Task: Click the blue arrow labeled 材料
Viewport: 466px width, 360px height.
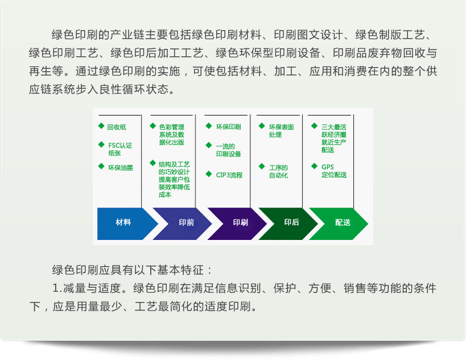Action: point(125,224)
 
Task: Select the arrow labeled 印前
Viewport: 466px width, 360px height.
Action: point(182,224)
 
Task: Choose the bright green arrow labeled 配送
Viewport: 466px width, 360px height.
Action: point(339,224)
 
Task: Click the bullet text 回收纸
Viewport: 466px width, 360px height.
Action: point(117,127)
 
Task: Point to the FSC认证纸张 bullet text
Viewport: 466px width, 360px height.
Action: point(120,149)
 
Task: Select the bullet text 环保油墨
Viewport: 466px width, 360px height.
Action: point(121,168)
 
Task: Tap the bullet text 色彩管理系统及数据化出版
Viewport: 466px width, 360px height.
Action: point(171,135)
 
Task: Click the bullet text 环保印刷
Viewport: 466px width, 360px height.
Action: point(228,127)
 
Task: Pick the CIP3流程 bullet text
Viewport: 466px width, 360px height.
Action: point(229,175)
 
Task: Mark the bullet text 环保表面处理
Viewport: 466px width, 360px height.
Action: point(282,131)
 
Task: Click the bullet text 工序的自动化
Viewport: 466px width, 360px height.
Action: point(278,171)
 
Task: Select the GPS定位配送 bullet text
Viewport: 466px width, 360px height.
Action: point(334,171)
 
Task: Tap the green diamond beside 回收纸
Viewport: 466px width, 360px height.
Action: point(101,126)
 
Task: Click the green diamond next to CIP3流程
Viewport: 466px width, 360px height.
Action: point(209,174)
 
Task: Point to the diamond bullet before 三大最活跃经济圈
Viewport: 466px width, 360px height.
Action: point(315,126)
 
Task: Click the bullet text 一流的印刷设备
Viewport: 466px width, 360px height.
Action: point(228,150)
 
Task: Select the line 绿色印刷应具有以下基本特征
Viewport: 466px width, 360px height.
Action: point(131,270)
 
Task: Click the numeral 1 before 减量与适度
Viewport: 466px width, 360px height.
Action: point(56,288)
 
